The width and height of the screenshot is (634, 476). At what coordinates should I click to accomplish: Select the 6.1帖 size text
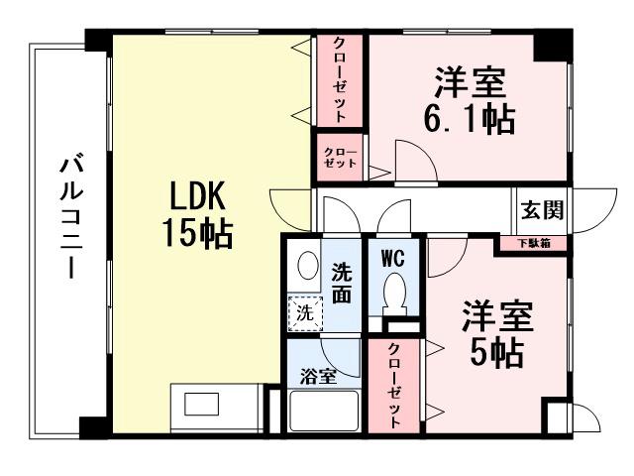click(x=471, y=118)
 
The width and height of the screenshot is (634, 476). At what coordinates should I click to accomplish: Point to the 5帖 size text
click(x=497, y=352)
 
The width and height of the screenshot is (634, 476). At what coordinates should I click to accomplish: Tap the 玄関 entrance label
click(x=543, y=211)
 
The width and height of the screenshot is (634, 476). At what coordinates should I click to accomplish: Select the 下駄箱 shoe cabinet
click(x=540, y=242)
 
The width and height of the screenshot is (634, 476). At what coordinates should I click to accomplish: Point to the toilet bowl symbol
click(x=395, y=295)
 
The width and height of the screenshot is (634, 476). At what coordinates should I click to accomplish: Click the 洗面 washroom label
click(x=340, y=282)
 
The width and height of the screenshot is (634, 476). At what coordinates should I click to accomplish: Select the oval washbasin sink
click(x=307, y=266)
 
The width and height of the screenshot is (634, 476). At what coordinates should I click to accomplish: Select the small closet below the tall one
click(x=339, y=157)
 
